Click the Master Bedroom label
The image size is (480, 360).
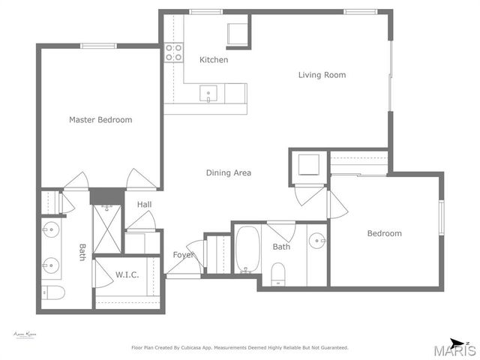point(100,120)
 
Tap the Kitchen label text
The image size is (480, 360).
point(214,60)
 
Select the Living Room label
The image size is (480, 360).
point(322,75)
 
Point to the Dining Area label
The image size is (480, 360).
point(229,173)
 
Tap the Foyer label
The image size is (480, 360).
point(184,255)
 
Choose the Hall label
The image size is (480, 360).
point(145,205)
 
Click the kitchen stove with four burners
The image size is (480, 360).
point(174,52)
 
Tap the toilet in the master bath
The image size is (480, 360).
point(53,292)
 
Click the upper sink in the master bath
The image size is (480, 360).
point(51,230)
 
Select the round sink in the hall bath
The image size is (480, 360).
point(318,241)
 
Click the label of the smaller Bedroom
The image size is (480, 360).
point(384,233)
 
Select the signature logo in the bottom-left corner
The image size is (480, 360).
point(25,334)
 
